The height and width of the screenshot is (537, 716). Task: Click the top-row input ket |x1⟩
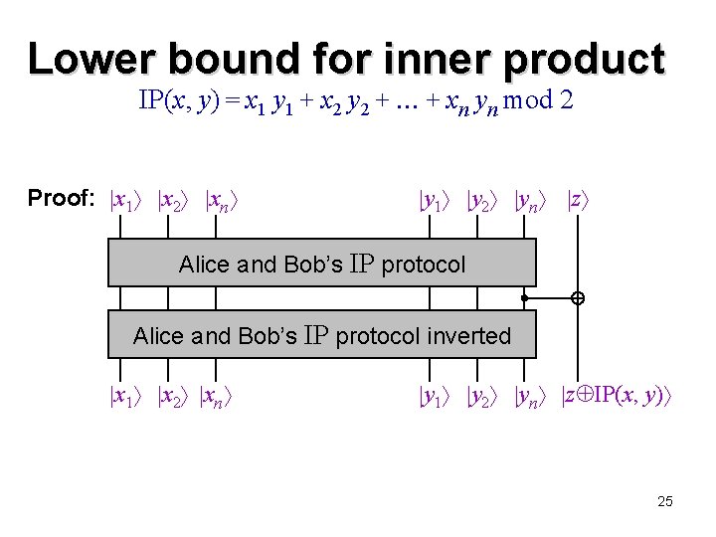127,201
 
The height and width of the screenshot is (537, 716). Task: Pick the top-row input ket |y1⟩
435,201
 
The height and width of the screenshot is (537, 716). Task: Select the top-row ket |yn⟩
532,201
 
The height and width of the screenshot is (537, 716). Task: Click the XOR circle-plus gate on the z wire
577,298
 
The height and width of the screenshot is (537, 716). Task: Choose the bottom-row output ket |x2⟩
174,398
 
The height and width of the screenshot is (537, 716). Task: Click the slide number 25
665,501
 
